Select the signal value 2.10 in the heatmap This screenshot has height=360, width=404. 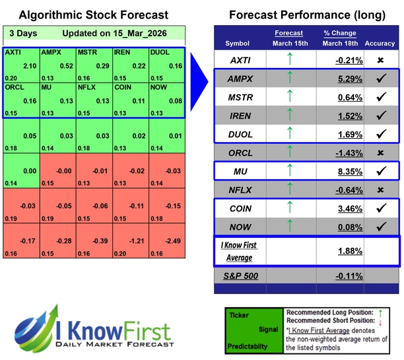pos(30,65)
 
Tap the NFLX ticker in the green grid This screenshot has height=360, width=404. pos(86,86)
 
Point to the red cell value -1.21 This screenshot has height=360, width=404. pos(139,242)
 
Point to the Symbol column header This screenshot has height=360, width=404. pos(238,44)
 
